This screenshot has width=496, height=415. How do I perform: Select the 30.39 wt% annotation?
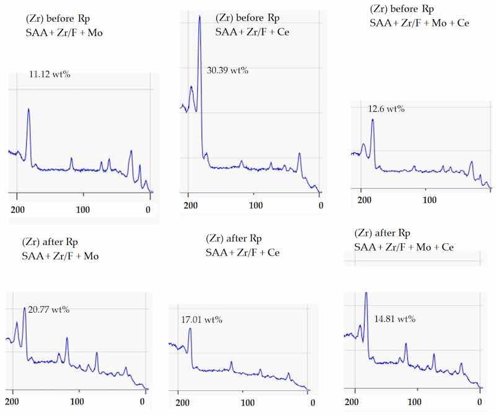(x=228, y=70)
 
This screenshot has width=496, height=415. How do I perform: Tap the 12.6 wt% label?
(x=386, y=109)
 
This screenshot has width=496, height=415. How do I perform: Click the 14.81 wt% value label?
(x=394, y=319)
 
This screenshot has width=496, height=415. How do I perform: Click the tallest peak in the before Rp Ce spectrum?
(x=200, y=17)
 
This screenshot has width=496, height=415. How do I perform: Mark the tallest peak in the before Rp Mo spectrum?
(x=29, y=110)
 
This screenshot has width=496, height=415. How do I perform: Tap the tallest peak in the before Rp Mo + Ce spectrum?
(x=373, y=120)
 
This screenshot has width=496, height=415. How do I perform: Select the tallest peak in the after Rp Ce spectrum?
(x=190, y=329)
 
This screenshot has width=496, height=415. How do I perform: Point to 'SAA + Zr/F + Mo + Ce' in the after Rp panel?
(x=404, y=247)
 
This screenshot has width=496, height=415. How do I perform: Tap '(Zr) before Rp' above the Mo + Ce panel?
(x=402, y=9)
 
